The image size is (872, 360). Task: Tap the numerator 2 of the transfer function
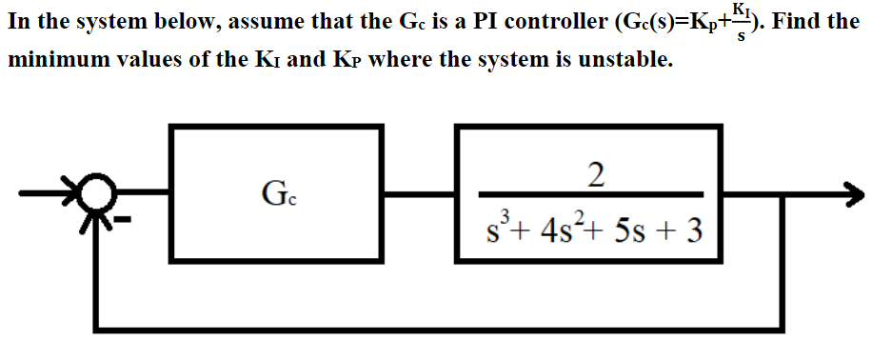[x=596, y=174]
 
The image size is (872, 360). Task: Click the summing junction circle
[x=93, y=196]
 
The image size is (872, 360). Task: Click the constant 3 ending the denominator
[x=694, y=230]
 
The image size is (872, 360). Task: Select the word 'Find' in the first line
[x=793, y=21]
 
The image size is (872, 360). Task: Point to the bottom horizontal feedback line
[x=438, y=329]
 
